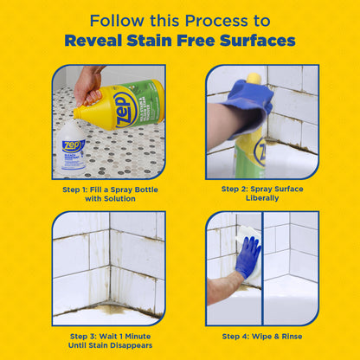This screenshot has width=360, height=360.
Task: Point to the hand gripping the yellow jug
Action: pyautogui.click(x=88, y=84)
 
